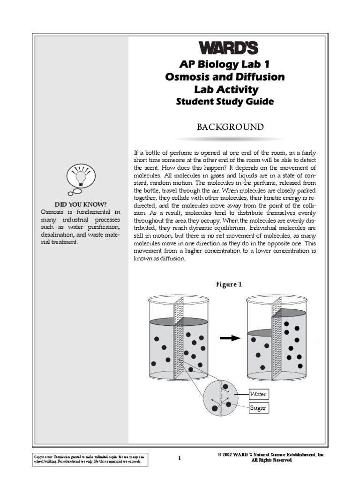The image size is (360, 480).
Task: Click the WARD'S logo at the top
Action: pos(225,48)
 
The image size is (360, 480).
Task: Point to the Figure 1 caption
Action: pos(229,284)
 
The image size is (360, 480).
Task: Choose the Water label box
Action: pos(258,394)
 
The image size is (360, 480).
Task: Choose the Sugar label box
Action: pos(258,408)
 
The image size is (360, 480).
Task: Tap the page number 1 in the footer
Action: pos(179,458)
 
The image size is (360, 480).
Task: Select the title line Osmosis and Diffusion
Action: pos(225,77)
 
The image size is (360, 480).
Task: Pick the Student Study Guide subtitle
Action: pos(225,102)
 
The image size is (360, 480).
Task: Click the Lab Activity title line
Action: pos(225,90)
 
